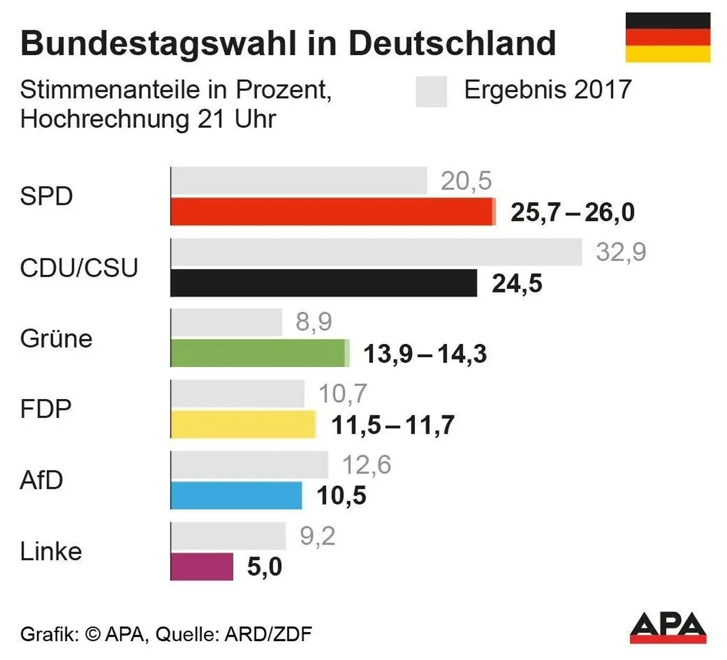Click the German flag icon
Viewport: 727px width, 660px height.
coord(668,37)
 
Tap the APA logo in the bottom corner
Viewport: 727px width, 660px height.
coord(668,627)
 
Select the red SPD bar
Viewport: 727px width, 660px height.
coord(332,212)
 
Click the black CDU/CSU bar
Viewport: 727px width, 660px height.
coord(324,283)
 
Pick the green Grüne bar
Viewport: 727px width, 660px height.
coord(259,353)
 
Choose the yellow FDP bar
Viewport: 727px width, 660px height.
coord(243,424)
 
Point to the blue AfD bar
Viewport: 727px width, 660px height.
coord(236,495)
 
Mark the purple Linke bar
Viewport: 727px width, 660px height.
coord(202,566)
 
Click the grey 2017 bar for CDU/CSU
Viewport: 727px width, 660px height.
coord(376,252)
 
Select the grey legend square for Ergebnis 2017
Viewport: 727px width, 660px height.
coord(431,91)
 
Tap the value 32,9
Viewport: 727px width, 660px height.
coord(621,252)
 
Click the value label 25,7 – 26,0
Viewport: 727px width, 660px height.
coord(573,213)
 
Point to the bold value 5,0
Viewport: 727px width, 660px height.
coord(265,567)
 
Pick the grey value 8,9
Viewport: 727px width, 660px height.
coord(314,322)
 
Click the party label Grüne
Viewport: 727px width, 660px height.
coord(56,338)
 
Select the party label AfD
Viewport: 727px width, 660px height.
coord(41,480)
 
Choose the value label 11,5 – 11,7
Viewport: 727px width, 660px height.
coord(393,425)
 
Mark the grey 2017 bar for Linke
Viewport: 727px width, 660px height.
coord(228,536)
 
